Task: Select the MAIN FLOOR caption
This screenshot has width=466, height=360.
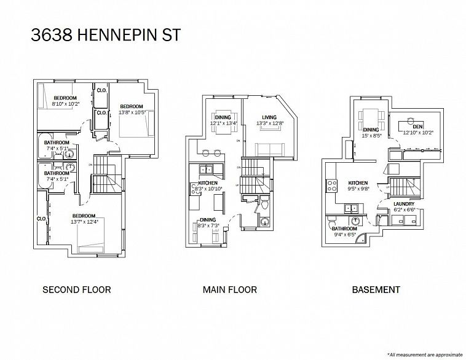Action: (x=229, y=289)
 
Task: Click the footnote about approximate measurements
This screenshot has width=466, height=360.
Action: (x=424, y=354)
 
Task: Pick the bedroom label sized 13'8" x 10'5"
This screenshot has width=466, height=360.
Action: (x=132, y=109)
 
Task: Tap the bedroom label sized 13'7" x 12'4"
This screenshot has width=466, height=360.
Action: (x=84, y=218)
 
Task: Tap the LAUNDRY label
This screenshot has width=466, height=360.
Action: (x=404, y=206)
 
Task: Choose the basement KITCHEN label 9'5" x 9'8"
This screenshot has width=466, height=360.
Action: (x=358, y=186)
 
